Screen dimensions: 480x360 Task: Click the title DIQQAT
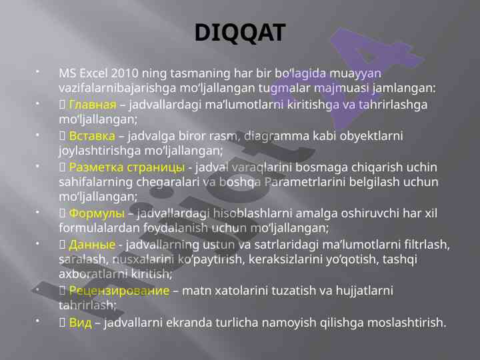pos(240,33)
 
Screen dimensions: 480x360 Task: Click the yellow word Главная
pos(93,105)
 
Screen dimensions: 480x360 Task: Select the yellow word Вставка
pos(92,136)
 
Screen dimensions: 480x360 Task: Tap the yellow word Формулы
pos(97,213)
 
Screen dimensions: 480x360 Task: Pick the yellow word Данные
pos(92,245)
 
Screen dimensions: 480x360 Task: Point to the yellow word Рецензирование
pos(119,291)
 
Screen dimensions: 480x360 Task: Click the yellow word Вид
pos(80,323)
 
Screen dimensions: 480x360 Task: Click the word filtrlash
pos(427,245)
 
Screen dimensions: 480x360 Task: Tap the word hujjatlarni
pos(364,291)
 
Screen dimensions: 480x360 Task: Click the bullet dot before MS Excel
pos(37,72)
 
